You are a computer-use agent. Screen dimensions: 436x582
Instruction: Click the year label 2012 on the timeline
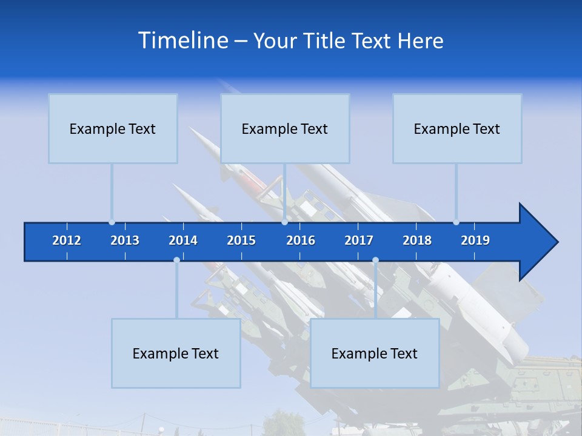coord(67,240)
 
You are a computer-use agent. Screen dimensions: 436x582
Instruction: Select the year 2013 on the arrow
coord(125,240)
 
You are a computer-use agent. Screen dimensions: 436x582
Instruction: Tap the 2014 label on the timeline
coord(183,240)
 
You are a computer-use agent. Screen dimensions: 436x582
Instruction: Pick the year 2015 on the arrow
coord(241,240)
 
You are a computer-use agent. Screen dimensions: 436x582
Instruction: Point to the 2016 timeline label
coord(301,240)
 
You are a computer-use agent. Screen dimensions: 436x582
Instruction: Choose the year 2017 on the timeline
coord(359,240)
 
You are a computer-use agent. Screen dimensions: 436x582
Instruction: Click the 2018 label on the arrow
coord(417,240)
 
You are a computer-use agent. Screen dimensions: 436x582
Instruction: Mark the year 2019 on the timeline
coord(475,240)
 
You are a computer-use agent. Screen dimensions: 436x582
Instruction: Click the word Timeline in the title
coord(182,41)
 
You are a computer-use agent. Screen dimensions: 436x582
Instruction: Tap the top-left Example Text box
coord(113,128)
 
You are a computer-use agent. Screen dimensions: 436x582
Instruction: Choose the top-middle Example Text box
coord(285,128)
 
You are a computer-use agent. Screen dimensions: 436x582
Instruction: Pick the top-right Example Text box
coord(457,128)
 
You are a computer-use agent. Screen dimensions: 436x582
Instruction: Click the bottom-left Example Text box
coord(176,353)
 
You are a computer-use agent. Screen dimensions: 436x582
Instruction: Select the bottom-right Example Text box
coord(375,353)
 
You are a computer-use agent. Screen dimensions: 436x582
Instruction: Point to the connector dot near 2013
coord(112,222)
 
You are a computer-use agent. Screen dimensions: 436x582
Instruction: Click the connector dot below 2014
coord(176,260)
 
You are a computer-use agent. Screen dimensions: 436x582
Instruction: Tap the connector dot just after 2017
coord(375,260)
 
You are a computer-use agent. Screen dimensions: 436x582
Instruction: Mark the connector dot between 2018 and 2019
coord(456,222)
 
